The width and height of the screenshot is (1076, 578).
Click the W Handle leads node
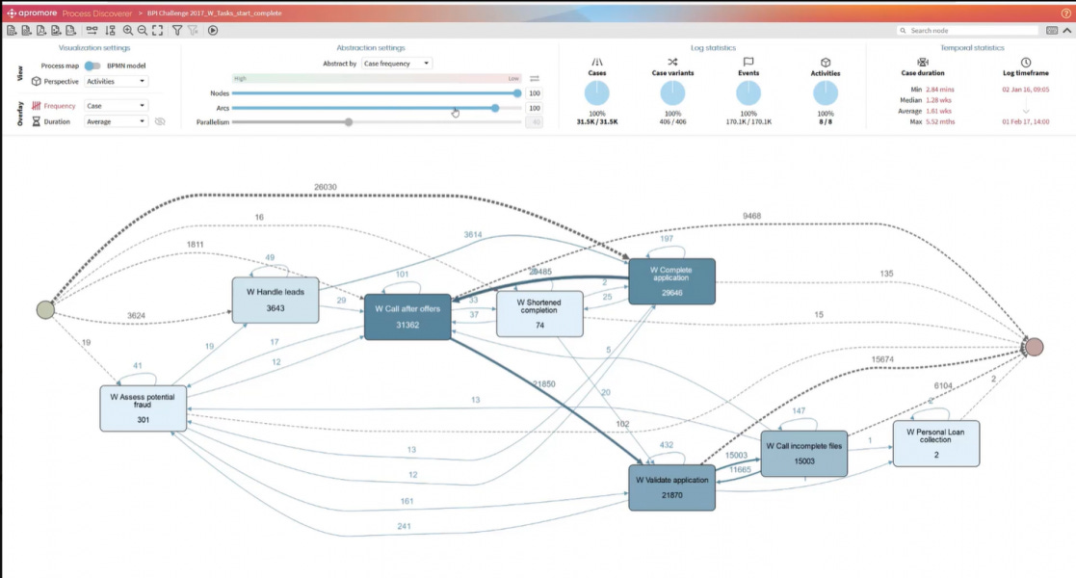[275, 300]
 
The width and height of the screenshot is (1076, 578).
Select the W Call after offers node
[407, 316]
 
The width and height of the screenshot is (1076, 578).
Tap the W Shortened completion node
[539, 314]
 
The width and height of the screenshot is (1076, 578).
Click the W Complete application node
[671, 281]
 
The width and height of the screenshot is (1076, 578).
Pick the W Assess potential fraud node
[143, 407]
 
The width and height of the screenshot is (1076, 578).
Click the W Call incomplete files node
[803, 453]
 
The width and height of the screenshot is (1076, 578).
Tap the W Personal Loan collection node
[935, 443]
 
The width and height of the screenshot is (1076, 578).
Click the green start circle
[45, 309]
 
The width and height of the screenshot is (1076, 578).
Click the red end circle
[1034, 347]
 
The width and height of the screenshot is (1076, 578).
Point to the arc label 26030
[326, 187]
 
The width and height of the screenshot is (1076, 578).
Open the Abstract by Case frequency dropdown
[396, 64]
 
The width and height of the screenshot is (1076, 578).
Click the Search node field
[968, 31]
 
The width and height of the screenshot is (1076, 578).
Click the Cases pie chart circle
[596, 93]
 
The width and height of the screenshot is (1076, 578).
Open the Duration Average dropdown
[116, 121]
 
